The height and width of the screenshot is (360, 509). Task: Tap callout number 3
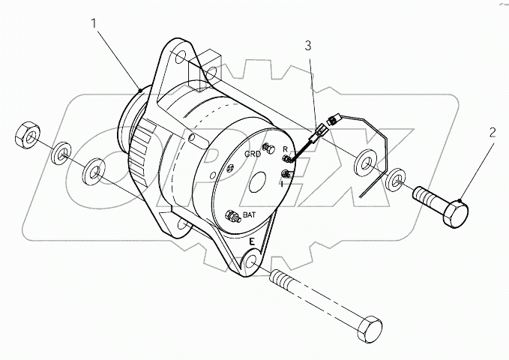click(x=307, y=46)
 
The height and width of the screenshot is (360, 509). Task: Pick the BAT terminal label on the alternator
click(x=247, y=214)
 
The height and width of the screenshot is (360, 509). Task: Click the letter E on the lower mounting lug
click(x=253, y=241)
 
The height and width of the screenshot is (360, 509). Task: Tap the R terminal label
click(x=285, y=149)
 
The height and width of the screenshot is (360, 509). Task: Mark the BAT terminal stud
click(x=234, y=217)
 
